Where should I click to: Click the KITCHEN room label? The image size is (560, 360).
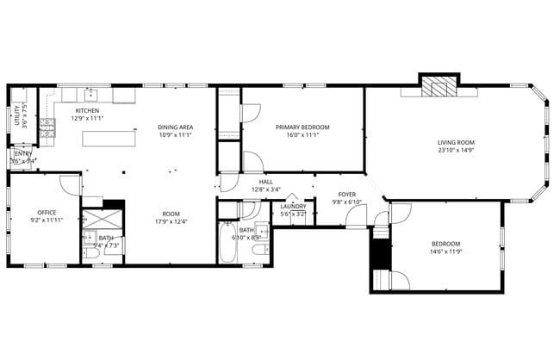[x=88, y=111]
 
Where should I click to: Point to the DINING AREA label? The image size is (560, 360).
[x=174, y=127]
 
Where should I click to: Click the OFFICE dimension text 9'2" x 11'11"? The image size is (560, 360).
[x=46, y=220]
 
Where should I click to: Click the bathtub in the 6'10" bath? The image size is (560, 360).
[x=227, y=243]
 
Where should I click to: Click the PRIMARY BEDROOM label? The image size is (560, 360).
[x=302, y=127]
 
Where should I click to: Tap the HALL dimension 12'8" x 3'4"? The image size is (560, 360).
[x=266, y=189]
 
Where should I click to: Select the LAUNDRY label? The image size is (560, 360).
[x=293, y=206]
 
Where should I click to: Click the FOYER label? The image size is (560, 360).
[x=347, y=195]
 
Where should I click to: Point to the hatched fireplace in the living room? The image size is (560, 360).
[x=440, y=87]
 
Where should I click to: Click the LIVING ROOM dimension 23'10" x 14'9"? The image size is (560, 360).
[x=456, y=151]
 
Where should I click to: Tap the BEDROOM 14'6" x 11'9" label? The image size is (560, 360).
[x=445, y=248]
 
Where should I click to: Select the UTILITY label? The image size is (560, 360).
[x=16, y=115]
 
